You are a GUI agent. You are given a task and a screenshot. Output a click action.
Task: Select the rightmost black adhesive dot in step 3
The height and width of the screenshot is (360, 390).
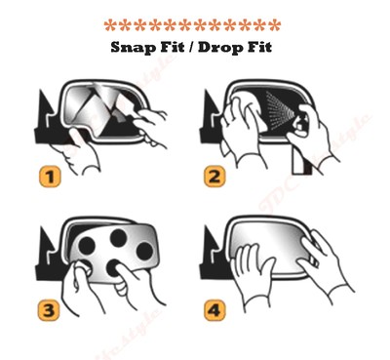[x=143, y=252]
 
